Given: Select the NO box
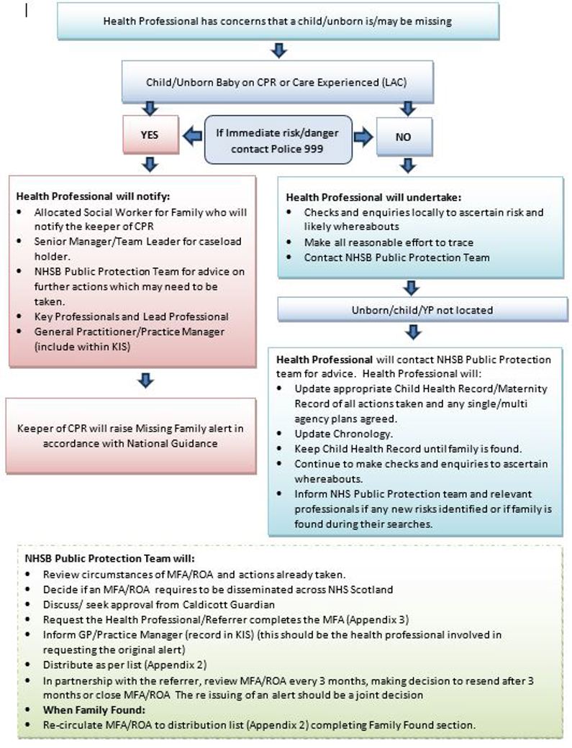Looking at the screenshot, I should click(x=403, y=136).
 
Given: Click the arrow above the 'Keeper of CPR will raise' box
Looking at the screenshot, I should click(x=146, y=378).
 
